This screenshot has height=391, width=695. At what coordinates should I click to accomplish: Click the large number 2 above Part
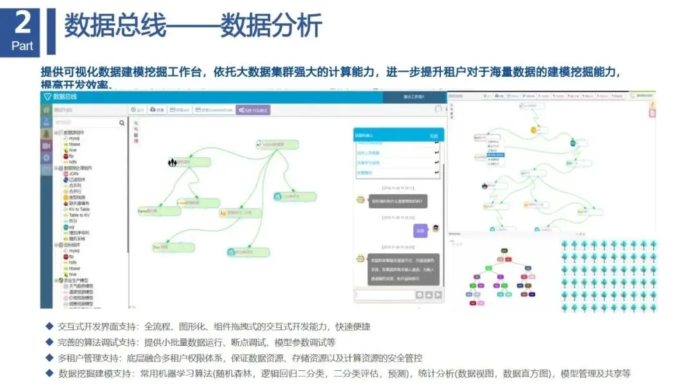point(23,23)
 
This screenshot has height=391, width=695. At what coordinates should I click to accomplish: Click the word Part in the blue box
point(23,46)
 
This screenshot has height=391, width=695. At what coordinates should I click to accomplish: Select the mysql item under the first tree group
point(75,138)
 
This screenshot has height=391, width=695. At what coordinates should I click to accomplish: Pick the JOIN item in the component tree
point(73,173)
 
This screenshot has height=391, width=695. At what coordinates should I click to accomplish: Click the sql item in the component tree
point(72,227)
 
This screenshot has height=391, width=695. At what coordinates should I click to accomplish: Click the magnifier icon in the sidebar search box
point(122,122)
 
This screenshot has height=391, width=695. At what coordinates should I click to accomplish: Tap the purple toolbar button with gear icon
point(253,110)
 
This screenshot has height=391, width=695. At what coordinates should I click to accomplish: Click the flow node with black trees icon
point(172,163)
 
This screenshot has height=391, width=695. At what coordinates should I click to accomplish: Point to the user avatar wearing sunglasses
point(436,229)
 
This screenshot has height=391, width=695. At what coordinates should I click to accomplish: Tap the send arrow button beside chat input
point(438,294)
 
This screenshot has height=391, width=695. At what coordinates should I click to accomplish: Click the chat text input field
point(384,294)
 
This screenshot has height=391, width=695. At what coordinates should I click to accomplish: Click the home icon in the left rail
point(46,110)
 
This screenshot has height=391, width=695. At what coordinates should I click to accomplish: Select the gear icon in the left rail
point(46,157)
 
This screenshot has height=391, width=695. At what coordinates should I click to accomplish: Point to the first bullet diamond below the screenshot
point(49,327)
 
